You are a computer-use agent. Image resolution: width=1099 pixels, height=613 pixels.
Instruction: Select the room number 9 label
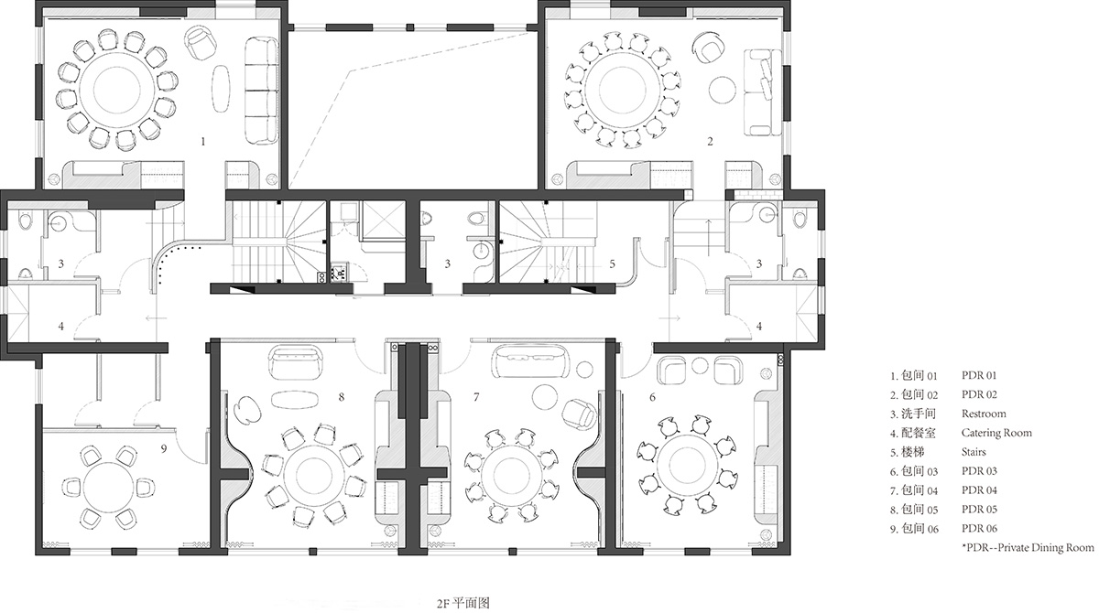click(163, 448)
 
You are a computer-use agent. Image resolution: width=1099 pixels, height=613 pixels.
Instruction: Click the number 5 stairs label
click(613, 265)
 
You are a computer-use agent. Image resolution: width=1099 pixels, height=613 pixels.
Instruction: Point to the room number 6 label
click(652, 396)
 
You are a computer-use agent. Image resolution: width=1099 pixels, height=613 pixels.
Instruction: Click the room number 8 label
click(341, 396)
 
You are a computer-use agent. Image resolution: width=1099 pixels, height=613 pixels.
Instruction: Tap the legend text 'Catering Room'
click(996, 433)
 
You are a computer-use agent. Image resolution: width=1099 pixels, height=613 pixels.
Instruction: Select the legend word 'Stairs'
click(975, 452)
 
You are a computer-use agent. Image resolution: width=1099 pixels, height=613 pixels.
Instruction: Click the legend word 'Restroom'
click(984, 414)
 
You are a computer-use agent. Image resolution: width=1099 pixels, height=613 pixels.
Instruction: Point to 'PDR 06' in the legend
click(979, 529)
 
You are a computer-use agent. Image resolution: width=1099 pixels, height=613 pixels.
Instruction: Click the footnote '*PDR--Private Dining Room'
click(1028, 548)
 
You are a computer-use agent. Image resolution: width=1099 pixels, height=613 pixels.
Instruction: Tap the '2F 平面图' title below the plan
click(464, 603)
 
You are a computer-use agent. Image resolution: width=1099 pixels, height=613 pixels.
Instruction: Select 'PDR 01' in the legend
click(979, 375)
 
